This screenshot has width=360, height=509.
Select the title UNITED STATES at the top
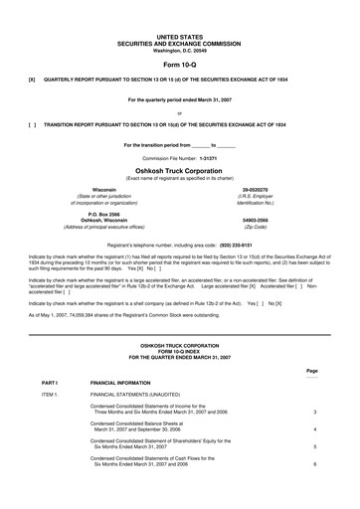[x=179, y=35]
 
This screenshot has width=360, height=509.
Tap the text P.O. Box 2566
[x=96, y=212]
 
